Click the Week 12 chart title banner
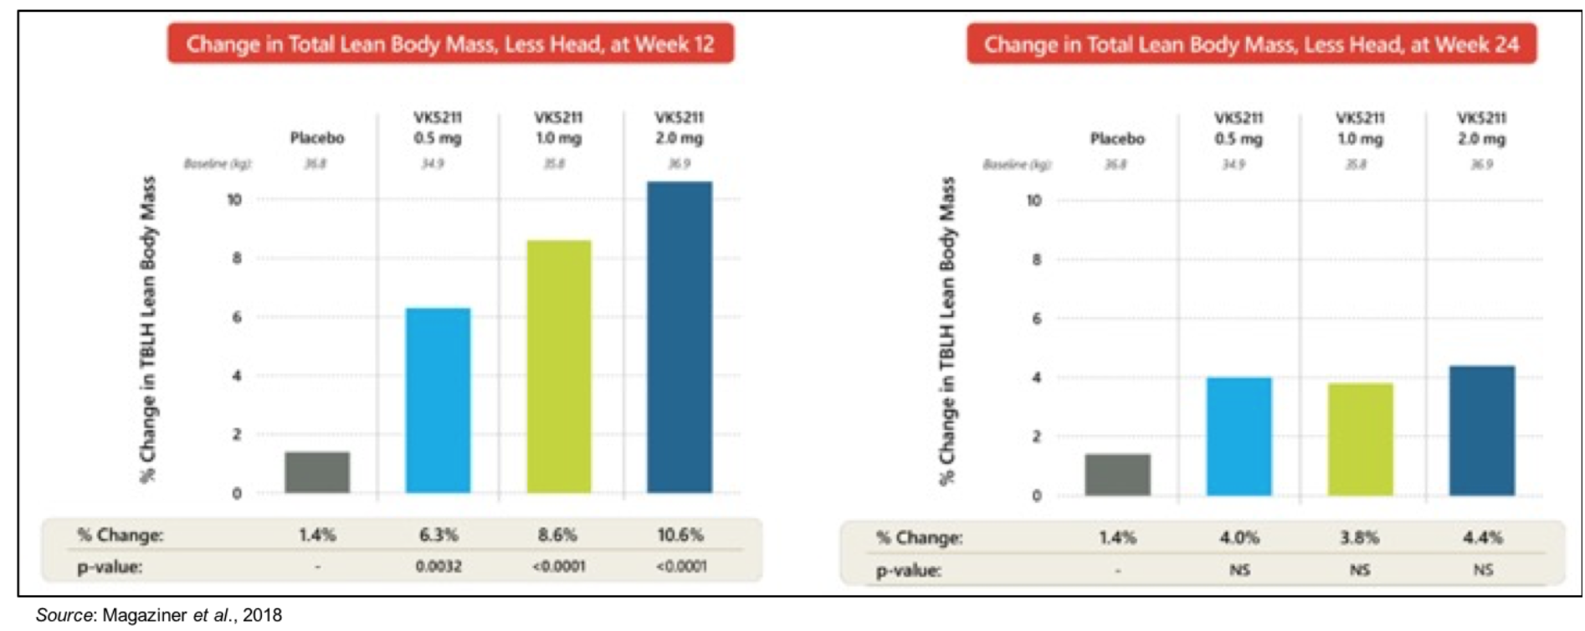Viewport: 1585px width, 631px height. [450, 44]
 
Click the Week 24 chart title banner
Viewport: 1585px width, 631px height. [1251, 44]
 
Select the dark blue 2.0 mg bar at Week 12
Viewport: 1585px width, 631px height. [680, 336]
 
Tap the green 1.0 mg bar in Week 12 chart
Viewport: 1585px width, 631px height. [559, 367]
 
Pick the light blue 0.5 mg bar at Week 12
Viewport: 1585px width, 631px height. [438, 400]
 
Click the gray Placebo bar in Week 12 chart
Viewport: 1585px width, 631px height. [317, 472]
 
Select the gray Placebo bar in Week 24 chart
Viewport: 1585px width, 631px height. [1117, 475]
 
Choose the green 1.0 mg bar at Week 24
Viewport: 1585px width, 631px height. [1360, 439]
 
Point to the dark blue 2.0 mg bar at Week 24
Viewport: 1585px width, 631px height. [1481, 430]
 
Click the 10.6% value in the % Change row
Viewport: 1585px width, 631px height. [680, 535]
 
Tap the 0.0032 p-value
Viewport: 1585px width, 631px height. [439, 567]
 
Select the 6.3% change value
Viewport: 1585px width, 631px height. [439, 535]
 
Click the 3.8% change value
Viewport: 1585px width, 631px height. [1359, 537]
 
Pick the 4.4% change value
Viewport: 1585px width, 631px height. [1482, 537]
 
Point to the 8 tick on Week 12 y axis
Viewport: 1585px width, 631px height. [237, 259]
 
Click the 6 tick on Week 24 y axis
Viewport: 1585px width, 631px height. [1037, 319]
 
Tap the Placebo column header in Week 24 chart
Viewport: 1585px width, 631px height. [1117, 139]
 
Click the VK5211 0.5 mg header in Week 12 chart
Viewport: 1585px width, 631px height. [438, 127]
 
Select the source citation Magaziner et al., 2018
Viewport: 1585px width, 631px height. [159, 615]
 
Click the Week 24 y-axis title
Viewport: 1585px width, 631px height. [946, 331]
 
